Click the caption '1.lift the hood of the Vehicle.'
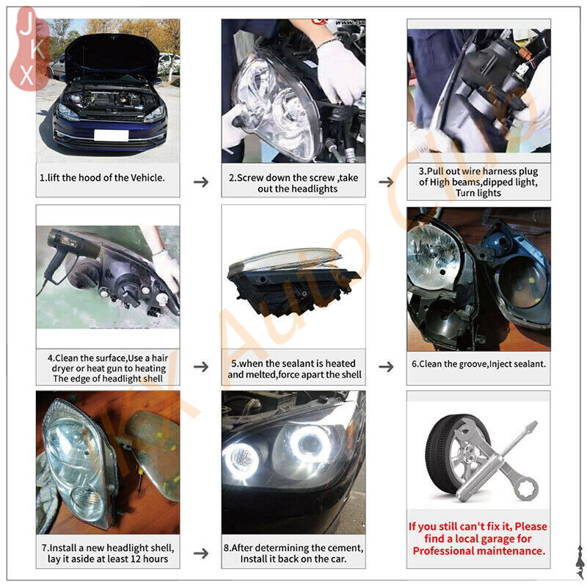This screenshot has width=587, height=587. click(102, 178)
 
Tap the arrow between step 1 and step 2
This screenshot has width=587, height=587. click(200, 181)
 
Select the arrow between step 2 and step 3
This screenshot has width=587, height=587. click(386, 181)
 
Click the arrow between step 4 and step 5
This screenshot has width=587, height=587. click(200, 367)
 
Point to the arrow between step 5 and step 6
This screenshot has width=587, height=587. click(386, 367)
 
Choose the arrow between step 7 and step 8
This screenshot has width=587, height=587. click(200, 553)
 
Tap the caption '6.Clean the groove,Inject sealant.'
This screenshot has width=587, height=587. click(478, 363)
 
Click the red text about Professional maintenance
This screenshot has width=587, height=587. click(478, 539)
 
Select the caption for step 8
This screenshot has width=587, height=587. click(293, 553)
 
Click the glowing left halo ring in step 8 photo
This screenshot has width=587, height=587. click(241, 458)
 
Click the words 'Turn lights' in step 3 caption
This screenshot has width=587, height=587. click(478, 193)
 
